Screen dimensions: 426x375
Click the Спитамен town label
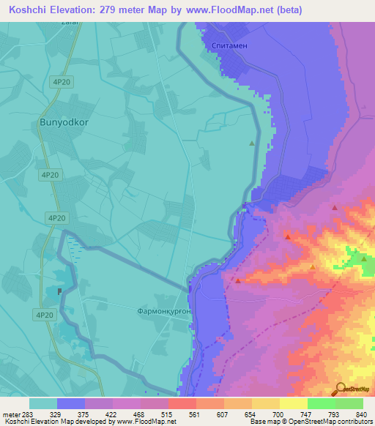[228, 44]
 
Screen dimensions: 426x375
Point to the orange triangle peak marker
[313, 267]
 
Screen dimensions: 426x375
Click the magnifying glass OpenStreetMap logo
[341, 388]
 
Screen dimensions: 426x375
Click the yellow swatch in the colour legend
[265, 403]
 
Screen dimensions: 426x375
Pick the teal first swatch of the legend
[42, 403]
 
